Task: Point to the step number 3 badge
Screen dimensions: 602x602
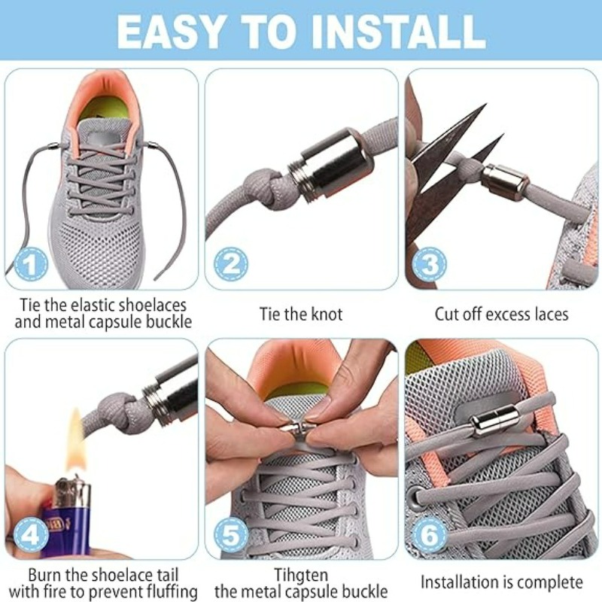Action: click(430, 265)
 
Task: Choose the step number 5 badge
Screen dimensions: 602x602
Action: click(230, 536)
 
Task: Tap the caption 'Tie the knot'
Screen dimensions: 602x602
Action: click(301, 314)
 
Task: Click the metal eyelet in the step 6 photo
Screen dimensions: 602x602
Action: click(415, 499)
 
